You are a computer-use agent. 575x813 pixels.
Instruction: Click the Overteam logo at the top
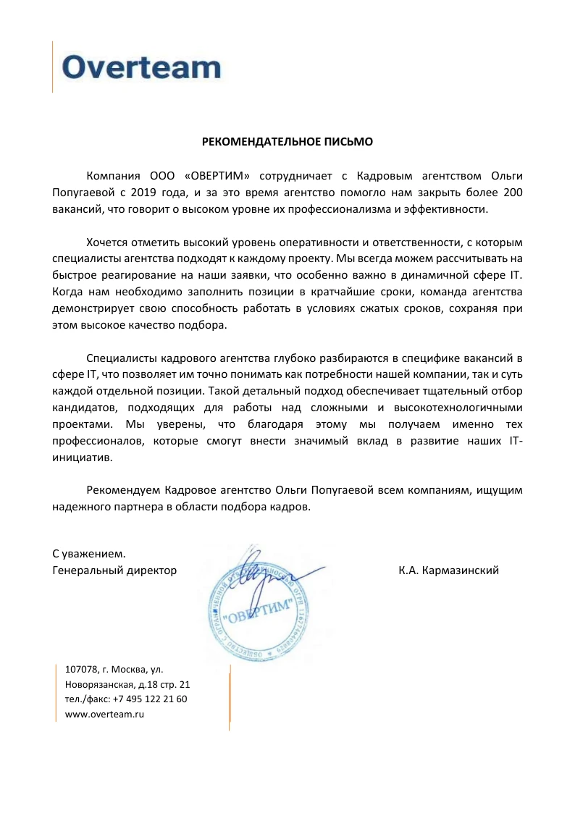click(141, 67)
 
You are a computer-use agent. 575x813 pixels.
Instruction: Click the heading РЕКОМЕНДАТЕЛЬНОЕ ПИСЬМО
click(287, 142)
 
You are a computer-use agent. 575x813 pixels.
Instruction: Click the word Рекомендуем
click(122, 491)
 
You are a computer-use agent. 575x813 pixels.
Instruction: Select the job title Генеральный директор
click(114, 570)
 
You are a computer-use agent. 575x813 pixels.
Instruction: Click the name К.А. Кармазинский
click(448, 570)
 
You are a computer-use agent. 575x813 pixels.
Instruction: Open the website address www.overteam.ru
click(105, 715)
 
